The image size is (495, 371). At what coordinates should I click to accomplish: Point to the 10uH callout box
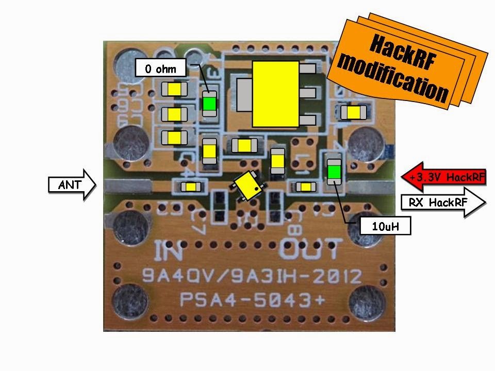click(385, 226)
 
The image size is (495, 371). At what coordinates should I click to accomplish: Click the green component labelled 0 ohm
click(209, 104)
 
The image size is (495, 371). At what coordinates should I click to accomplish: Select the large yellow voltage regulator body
click(275, 94)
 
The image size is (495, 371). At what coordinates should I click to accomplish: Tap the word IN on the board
click(168, 252)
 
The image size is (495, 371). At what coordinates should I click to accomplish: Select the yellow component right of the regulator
click(353, 112)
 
